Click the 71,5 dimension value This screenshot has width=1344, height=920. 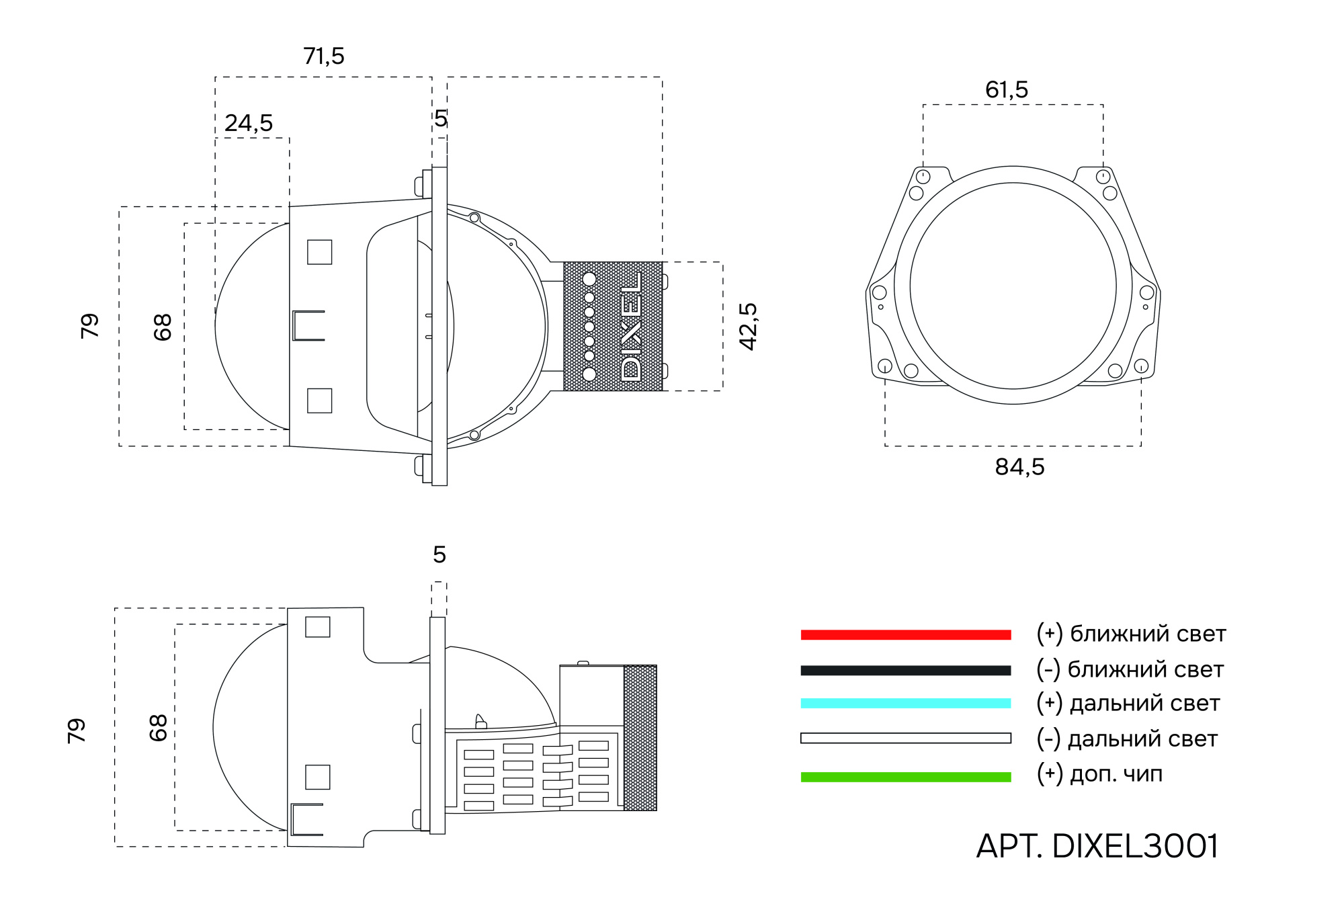[323, 56]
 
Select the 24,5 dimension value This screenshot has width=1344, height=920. [249, 123]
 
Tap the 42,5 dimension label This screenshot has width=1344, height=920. [748, 326]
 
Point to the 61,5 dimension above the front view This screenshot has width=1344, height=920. [1006, 89]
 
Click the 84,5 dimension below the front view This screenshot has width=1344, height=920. [1019, 466]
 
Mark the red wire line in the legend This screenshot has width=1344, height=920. [905, 634]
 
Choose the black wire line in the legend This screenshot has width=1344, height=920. [905, 670]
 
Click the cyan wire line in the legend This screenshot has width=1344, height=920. [905, 704]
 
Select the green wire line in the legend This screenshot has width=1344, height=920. [905, 777]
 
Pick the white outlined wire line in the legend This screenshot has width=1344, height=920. [905, 738]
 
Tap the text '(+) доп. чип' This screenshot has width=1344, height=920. [1099, 773]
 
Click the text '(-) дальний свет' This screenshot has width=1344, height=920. [1126, 739]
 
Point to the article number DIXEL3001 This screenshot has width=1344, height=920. [1097, 846]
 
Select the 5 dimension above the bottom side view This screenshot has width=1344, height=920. [439, 554]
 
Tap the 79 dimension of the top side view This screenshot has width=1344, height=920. [89, 326]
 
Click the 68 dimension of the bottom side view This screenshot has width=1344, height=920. [158, 727]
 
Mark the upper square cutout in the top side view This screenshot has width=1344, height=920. [319, 252]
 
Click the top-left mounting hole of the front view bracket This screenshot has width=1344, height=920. [923, 177]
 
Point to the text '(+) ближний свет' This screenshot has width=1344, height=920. [1130, 634]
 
